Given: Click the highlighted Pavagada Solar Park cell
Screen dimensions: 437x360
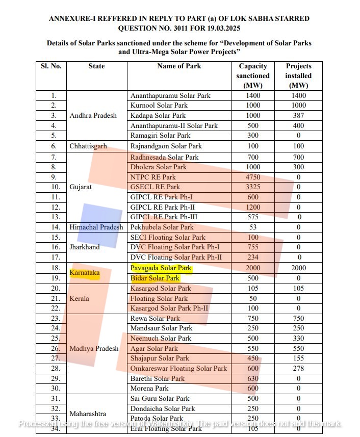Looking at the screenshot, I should [161, 268].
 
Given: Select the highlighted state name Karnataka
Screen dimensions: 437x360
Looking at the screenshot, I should [84, 273].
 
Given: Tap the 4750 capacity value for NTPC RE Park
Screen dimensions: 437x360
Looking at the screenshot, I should [252, 177].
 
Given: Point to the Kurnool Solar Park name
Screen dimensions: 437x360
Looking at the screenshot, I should [160, 106].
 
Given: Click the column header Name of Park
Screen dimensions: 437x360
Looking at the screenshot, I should [179, 66].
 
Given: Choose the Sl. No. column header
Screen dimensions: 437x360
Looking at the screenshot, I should [51, 66].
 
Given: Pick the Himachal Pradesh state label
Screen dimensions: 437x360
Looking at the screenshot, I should [96, 227].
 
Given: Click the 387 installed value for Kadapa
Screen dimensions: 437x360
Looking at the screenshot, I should [298, 116].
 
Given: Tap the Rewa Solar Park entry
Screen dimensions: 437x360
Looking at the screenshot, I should [155, 318].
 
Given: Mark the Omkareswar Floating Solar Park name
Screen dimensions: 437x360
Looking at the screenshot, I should [178, 368].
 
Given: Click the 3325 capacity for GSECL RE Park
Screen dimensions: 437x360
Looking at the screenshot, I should [252, 187].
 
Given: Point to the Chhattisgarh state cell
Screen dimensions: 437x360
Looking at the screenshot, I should [88, 146].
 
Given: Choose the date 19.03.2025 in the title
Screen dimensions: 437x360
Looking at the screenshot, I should [223, 29].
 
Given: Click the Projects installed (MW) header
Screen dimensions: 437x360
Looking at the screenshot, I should [298, 75].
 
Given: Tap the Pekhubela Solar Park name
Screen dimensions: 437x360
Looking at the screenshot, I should [162, 227].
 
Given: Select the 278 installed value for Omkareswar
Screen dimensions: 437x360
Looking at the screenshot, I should [298, 368].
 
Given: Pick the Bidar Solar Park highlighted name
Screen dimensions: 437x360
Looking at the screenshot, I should [155, 278].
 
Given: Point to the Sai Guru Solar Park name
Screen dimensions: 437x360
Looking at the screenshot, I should [160, 398].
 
